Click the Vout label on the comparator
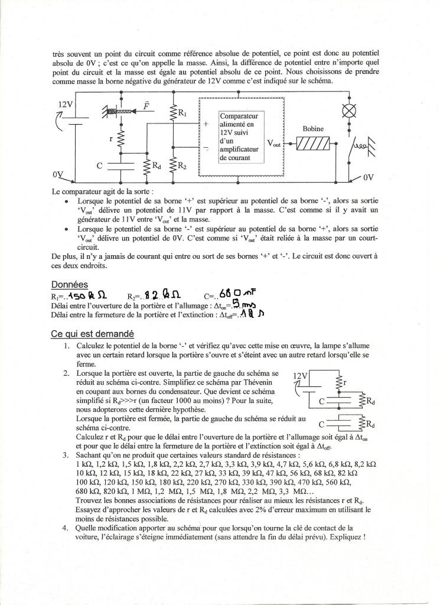[274, 143]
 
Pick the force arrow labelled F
[146, 106]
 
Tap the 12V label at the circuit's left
[65, 104]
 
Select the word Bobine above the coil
[312, 128]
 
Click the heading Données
[69, 284]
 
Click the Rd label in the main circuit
[157, 166]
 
